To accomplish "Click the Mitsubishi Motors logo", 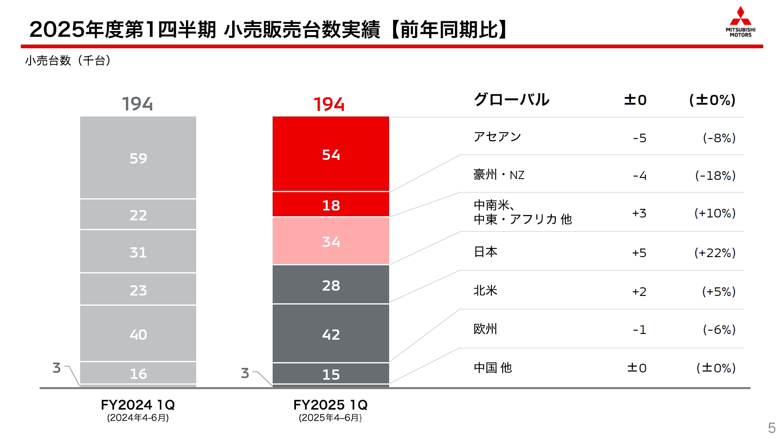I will tap(740, 22).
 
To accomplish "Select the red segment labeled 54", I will tap(331, 155).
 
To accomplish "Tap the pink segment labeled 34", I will tap(331, 241).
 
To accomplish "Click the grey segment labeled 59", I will tap(138, 158).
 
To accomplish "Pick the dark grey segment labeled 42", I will tap(331, 334).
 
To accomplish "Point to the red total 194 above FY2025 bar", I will tap(329, 104).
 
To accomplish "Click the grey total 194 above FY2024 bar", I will tap(137, 104).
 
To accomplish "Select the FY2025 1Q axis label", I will tap(330, 405).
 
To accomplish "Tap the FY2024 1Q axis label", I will tap(138, 405).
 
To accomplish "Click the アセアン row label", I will tap(497, 137).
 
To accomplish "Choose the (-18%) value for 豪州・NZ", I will tap(715, 175).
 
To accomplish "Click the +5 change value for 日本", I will tap(639, 253).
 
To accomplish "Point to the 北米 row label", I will tap(485, 291).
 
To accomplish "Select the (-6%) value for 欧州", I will tap(719, 329).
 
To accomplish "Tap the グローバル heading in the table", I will tap(511, 100).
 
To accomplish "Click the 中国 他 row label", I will tap(493, 367).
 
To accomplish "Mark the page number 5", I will tap(771, 428).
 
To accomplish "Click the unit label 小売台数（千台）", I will tap(68, 60).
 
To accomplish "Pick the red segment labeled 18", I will tap(331, 205).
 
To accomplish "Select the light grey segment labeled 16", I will tap(138, 373).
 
